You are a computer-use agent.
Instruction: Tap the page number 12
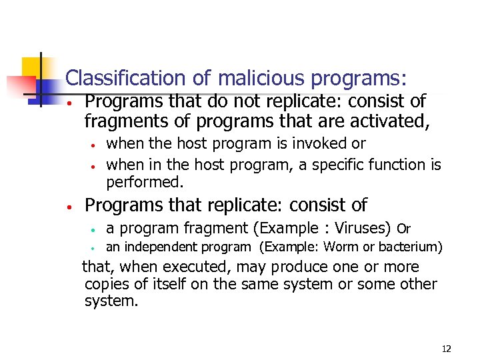click(446, 349)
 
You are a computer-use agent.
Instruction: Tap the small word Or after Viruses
click(403, 229)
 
